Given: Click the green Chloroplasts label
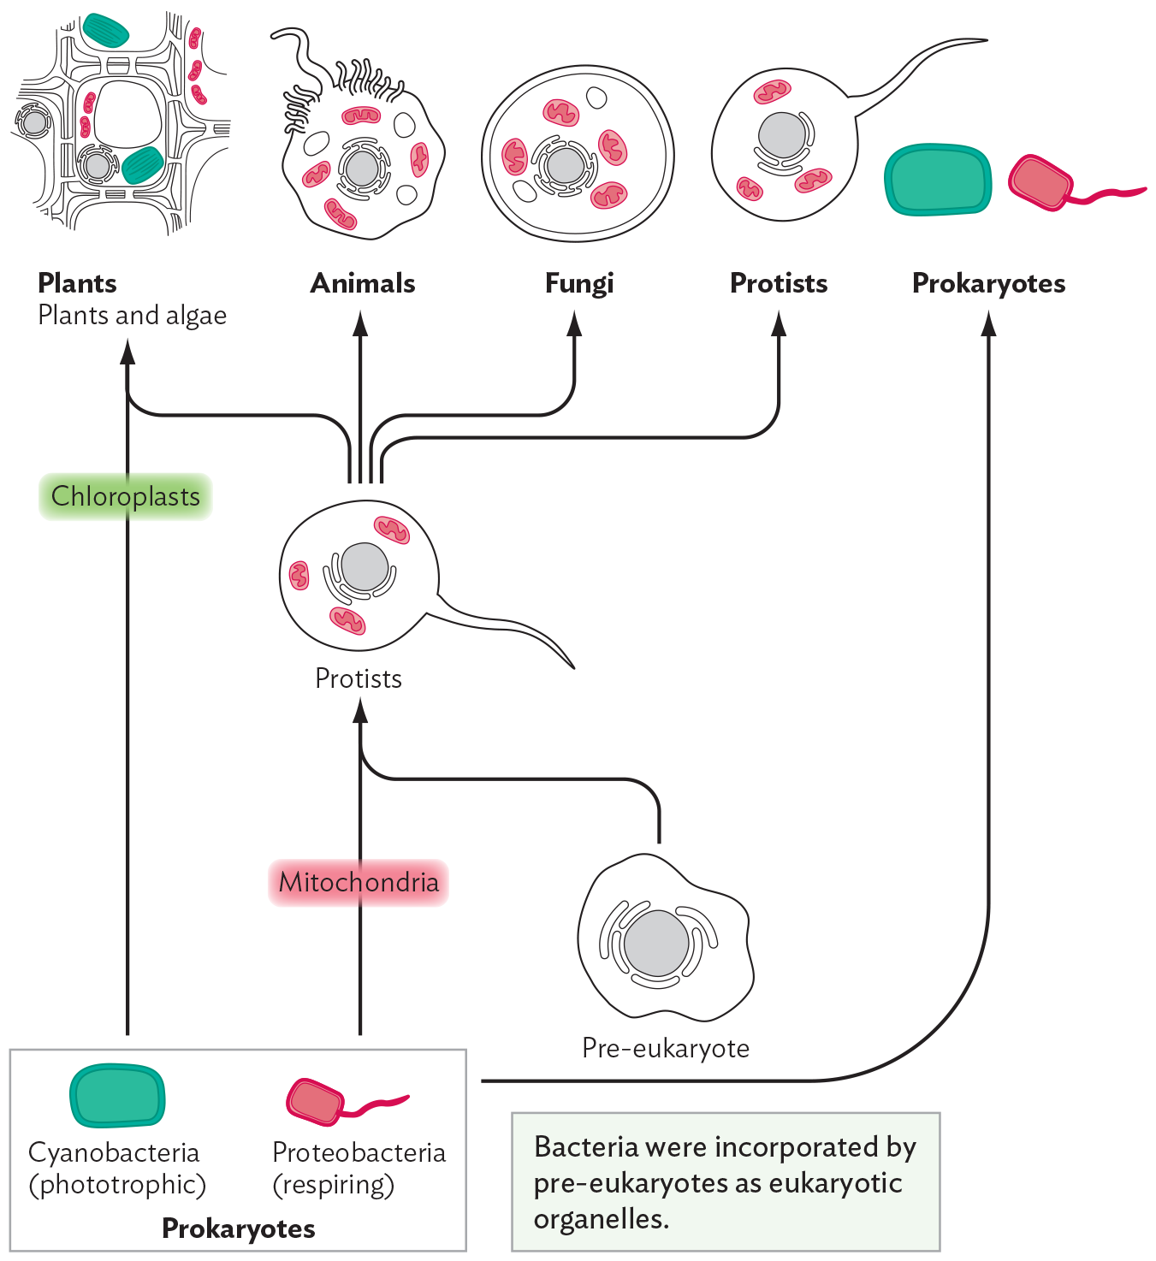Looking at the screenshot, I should click(x=125, y=496).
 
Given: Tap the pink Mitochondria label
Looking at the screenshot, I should click(x=359, y=882).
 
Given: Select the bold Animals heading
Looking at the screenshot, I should click(x=362, y=283).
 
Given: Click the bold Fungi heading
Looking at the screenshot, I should click(x=579, y=283).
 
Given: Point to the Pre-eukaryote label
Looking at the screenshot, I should click(x=665, y=1048).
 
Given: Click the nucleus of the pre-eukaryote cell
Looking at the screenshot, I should click(x=656, y=944).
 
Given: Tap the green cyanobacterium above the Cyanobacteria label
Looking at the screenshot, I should click(x=116, y=1096).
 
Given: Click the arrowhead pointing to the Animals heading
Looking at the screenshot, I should click(x=360, y=323).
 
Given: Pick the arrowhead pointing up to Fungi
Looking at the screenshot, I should click(x=574, y=323).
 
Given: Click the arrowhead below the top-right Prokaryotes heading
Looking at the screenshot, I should click(x=988, y=323).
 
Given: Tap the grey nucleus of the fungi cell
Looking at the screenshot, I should click(x=565, y=166).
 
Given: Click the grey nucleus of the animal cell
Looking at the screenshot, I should click(x=362, y=169).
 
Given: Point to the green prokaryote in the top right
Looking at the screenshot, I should click(x=937, y=180).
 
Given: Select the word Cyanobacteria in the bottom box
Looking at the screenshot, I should click(x=114, y=1152).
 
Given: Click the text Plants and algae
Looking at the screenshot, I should click(x=132, y=316).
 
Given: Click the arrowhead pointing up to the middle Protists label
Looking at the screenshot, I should click(x=360, y=710).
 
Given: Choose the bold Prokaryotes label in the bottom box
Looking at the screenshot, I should click(x=238, y=1228).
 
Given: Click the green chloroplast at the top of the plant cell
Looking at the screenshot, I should click(x=105, y=31).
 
